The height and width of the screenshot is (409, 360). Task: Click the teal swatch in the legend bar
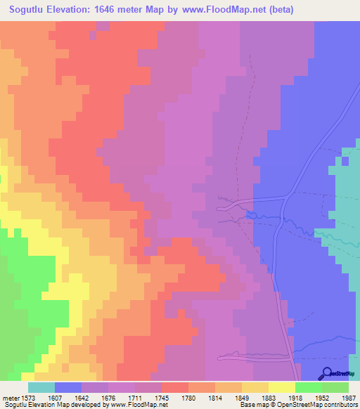(41, 387)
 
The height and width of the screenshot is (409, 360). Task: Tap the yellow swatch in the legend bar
(282, 387)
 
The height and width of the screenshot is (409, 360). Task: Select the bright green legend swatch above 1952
(309, 387)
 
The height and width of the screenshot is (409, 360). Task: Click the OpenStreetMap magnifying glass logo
(327, 372)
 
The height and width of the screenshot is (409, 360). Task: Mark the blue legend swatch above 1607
(68, 387)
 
